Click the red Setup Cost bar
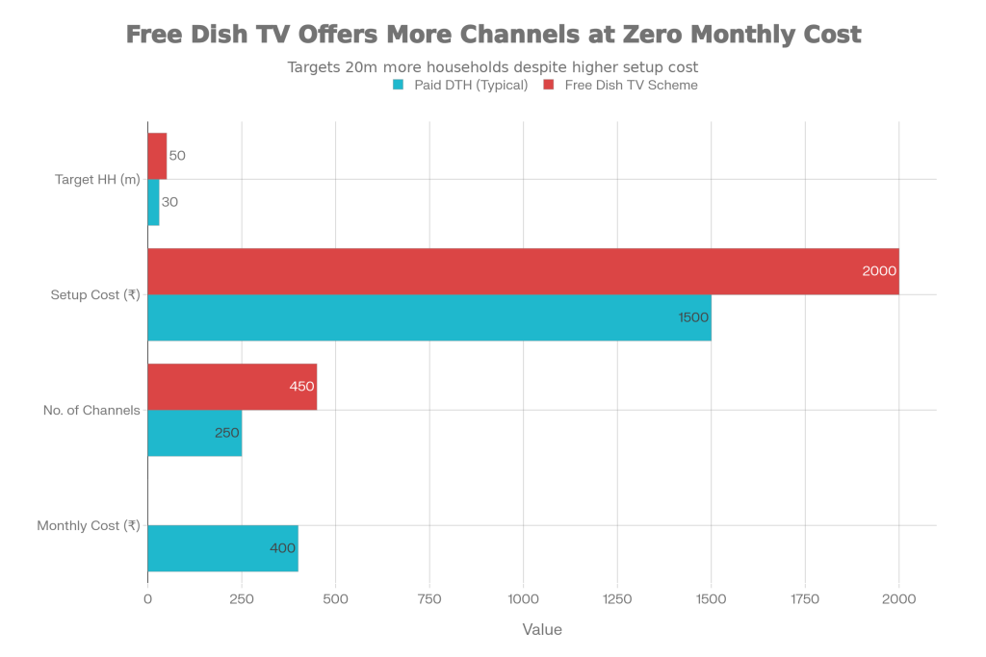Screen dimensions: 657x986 [523, 271]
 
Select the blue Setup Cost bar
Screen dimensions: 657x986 [429, 317]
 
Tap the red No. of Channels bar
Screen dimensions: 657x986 [232, 387]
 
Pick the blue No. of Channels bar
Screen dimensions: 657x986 [195, 433]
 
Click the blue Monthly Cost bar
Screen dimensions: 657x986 [223, 548]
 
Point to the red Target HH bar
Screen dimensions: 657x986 [157, 156]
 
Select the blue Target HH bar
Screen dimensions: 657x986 [153, 202]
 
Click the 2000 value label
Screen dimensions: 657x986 [879, 271]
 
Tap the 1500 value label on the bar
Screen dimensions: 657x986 [692, 317]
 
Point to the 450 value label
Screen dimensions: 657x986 [301, 387]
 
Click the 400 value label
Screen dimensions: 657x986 [282, 548]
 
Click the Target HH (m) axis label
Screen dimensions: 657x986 [97, 179]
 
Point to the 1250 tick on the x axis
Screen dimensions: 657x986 [617, 598]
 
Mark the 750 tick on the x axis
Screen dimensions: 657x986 [429, 598]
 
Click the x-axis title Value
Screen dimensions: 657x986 [541, 629]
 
